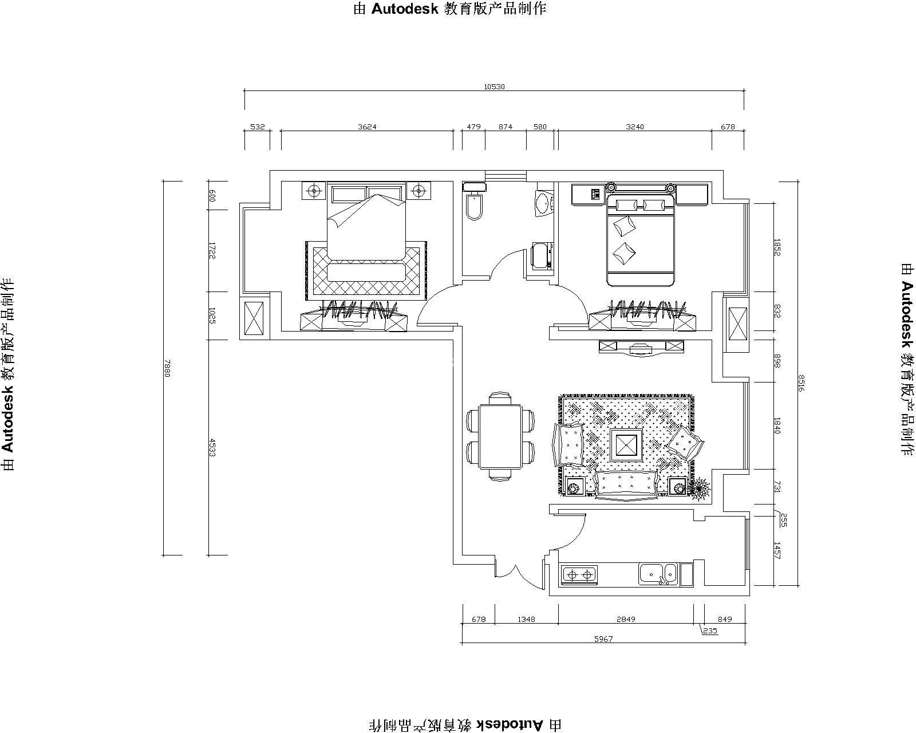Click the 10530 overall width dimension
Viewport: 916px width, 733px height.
tap(493, 87)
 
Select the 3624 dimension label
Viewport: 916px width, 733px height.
tap(367, 127)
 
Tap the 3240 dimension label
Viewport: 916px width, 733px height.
tap(635, 127)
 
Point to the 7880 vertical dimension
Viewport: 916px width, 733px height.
tap(167, 368)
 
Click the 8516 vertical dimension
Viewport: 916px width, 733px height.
tap(800, 383)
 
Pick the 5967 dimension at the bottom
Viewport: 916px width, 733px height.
tap(603, 639)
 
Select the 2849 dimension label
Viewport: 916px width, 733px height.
tap(626, 619)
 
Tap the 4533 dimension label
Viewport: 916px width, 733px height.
tap(212, 448)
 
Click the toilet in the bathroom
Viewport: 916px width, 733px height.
tap(474, 202)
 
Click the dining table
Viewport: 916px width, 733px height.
tap(500, 436)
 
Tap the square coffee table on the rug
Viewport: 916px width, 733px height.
tap(626, 445)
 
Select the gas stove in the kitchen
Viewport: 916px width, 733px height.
tap(579, 575)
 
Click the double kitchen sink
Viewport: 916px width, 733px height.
tap(658, 574)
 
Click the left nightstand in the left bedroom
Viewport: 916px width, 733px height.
tap(314, 190)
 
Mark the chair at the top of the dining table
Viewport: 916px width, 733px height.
tap(500, 398)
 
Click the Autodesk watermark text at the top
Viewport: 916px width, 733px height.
tap(450, 9)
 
